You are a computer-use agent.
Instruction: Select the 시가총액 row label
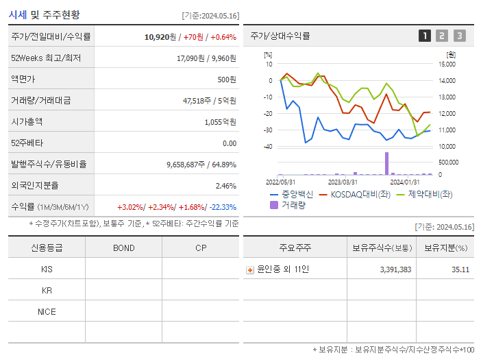click(27, 122)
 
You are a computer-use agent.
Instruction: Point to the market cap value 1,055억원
click(220, 122)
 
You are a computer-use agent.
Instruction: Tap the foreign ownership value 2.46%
click(225, 186)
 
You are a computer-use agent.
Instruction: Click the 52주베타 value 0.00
click(229, 143)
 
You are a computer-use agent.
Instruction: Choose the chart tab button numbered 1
click(425, 36)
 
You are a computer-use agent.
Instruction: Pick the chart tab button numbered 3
click(459, 36)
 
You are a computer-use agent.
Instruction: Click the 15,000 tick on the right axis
click(447, 64)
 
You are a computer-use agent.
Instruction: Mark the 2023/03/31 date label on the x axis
click(343, 182)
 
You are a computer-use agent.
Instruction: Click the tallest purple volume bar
click(387, 163)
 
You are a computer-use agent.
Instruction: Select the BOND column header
click(123, 248)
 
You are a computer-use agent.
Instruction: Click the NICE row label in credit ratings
click(47, 312)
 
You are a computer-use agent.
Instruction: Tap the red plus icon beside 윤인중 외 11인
click(250, 270)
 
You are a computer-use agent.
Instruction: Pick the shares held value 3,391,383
click(395, 270)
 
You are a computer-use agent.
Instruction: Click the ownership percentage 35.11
click(460, 270)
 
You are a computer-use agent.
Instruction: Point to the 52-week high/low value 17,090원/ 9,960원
click(206, 58)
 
